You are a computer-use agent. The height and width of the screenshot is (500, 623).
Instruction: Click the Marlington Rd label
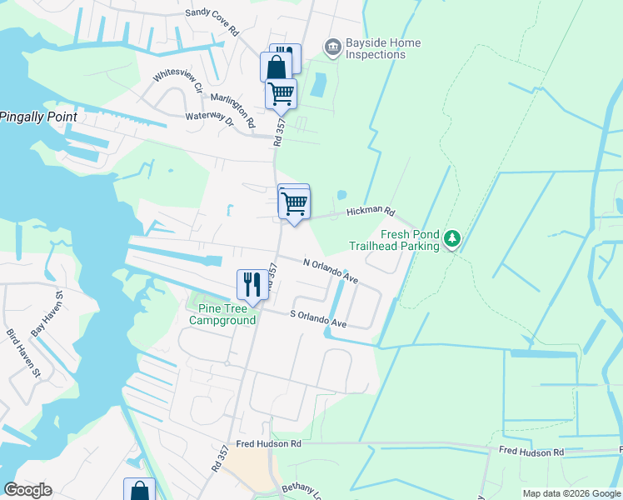click(233, 110)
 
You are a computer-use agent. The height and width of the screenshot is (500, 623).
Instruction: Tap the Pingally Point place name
click(38, 117)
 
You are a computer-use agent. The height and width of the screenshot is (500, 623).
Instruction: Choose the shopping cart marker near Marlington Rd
click(282, 94)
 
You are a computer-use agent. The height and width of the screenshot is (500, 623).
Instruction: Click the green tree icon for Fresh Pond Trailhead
click(451, 240)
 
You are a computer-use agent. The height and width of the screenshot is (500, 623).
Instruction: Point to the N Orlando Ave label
click(331, 271)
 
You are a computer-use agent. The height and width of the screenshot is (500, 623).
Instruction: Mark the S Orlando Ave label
click(317, 317)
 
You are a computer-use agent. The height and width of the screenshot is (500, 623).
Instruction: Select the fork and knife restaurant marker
click(252, 285)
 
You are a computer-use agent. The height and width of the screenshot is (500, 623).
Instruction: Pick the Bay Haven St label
click(47, 314)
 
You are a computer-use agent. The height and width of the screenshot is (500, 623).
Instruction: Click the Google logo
click(27, 490)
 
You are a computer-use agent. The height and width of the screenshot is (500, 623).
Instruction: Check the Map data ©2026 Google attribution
click(571, 493)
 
